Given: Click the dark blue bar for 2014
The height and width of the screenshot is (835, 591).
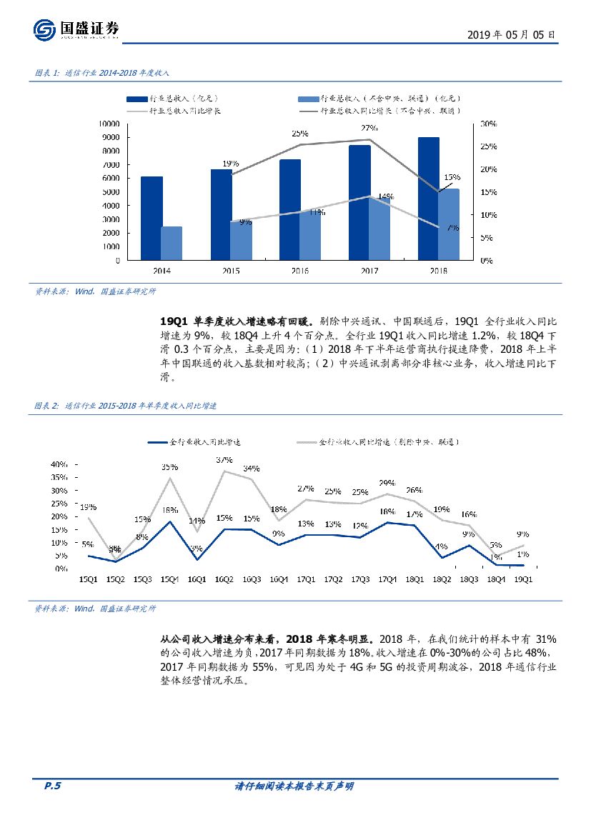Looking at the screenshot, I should coord(152,218).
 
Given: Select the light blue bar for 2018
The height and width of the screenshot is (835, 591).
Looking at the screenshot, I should coord(449,224).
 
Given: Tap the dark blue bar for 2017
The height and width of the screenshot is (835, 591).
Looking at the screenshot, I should coord(359,202).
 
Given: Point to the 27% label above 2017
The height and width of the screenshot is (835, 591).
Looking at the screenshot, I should coord(369,128).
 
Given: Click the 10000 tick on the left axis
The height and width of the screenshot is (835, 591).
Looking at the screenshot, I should coord(109,124).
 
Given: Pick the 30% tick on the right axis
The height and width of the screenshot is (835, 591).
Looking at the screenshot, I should coord(487,124).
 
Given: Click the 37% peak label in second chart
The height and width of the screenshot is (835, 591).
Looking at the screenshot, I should coord(224,459).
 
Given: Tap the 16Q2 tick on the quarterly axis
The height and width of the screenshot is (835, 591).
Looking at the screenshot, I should coord(224,579).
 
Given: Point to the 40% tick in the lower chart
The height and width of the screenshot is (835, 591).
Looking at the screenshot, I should coord(59,465).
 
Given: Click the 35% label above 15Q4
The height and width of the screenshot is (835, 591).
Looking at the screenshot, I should coord(169,466).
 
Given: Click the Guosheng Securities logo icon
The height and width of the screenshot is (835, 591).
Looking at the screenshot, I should coord(44,30).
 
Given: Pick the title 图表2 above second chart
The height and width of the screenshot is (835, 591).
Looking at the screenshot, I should coord(125,405).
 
